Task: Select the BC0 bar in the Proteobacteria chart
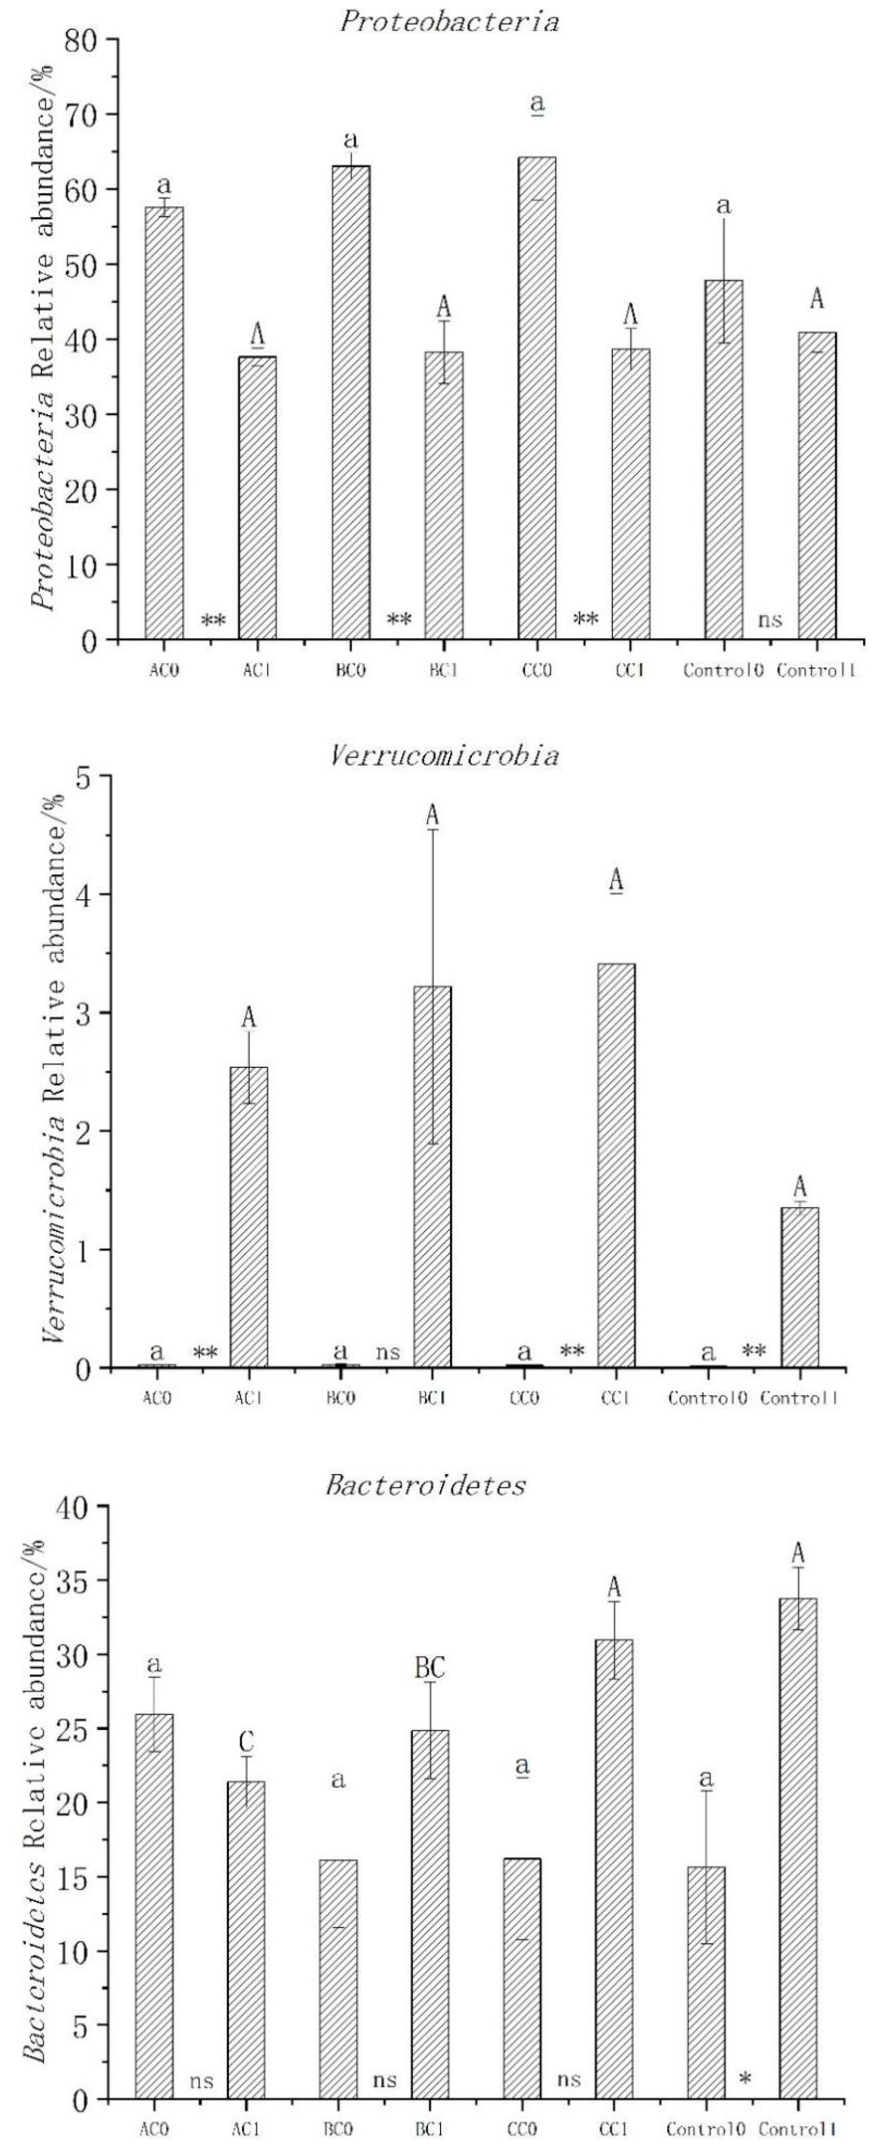click(351, 401)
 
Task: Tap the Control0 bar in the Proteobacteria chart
click(724, 459)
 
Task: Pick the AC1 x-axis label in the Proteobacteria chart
click(256, 671)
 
